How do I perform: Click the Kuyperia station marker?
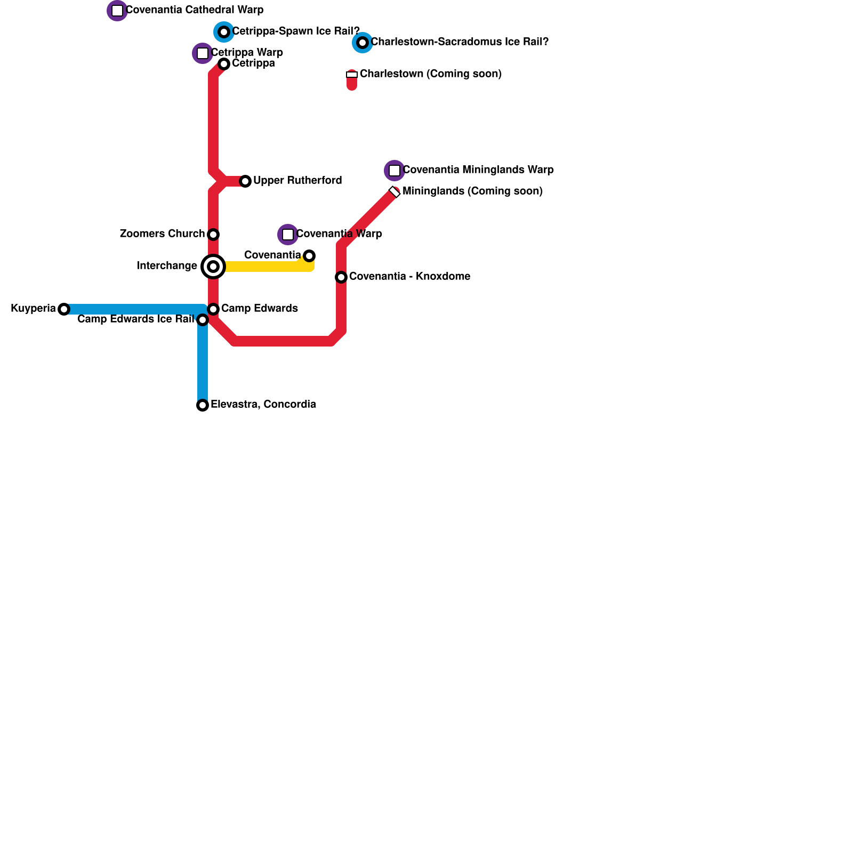64,309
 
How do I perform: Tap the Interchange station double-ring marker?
213,267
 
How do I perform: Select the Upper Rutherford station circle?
245,181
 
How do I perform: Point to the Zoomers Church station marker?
213,235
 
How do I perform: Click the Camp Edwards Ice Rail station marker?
203,320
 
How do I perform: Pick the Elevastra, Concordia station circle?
203,405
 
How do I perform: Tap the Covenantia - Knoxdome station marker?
341,277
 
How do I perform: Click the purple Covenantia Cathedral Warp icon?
117,11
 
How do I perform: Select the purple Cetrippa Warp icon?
203,53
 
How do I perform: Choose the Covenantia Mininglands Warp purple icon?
395,171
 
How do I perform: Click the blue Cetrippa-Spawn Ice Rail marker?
224,32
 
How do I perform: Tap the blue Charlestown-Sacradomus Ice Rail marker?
363,43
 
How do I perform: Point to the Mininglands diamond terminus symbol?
395,192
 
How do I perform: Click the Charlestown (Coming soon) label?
431,74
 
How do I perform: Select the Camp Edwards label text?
259,309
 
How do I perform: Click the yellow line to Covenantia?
267,267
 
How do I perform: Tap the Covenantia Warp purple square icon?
288,235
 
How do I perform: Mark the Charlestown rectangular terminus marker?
352,75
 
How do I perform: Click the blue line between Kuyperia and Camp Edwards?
133,309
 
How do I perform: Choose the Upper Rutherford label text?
297,181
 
